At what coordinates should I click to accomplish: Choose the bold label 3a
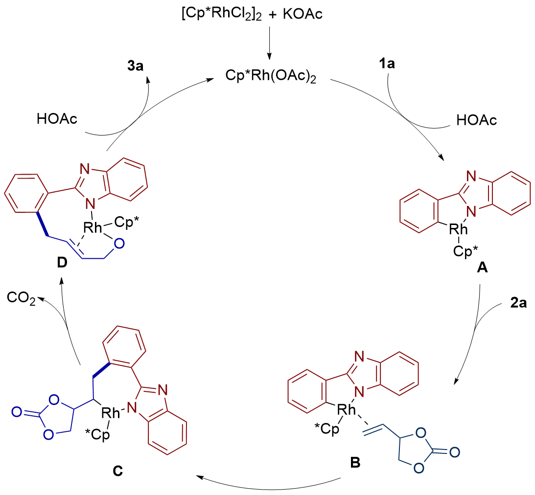133,67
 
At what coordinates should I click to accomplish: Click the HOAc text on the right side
476,119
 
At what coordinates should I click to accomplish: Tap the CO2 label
22,299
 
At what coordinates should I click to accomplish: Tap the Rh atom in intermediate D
92,226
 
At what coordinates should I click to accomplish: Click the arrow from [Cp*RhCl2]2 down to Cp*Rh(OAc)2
268,47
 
